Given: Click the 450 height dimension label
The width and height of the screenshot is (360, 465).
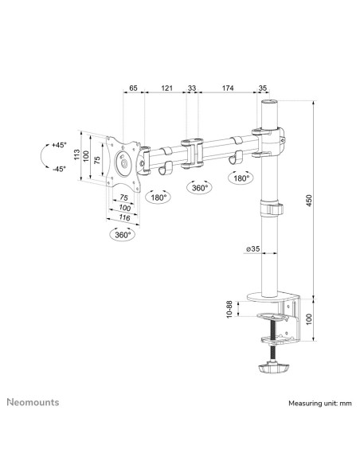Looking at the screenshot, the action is coord(309,201).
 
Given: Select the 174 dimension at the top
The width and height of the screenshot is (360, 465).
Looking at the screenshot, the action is coord(228,88).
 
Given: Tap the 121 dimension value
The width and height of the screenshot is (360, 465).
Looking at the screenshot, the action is coord(166,88).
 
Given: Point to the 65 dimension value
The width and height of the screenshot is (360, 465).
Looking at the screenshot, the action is coord(134,88).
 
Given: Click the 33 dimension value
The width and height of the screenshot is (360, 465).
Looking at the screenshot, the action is coord(192,88).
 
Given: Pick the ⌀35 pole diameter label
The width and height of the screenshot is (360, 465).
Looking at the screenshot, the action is coord(252,248).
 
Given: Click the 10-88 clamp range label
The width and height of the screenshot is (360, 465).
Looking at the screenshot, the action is coord(229,310).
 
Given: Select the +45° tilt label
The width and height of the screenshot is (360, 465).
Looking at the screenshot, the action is coord(59,145).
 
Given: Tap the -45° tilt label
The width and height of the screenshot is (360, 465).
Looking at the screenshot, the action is coord(59,169).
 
